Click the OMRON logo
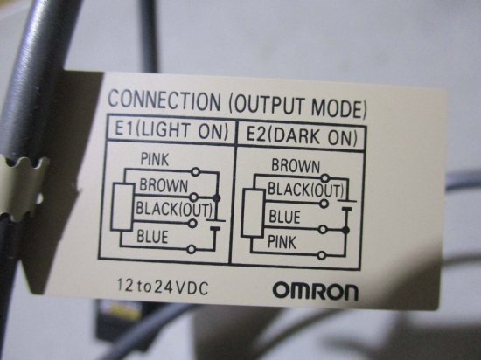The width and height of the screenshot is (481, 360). point(316,291)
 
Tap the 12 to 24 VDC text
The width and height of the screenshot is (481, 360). point(163,287)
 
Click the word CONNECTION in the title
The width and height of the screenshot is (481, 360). point(164,100)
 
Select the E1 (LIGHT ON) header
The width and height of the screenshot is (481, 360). point(171,131)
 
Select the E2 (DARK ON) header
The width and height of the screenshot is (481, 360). point(303,136)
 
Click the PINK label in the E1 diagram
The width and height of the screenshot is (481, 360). point(155,159)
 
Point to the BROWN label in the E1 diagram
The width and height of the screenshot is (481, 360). point(164,185)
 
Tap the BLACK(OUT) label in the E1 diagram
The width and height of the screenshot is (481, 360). point(174,209)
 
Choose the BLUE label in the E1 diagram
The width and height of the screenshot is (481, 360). point(152,237)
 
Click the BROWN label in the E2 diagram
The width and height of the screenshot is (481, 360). point(296,166)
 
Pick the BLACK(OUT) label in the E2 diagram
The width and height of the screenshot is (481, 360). point(306,190)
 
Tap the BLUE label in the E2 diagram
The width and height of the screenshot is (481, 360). point(285,217)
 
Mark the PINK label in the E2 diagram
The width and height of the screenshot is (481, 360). point(282,242)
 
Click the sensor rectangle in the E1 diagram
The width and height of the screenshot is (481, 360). point(122,207)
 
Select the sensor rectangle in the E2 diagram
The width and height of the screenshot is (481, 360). point(253,213)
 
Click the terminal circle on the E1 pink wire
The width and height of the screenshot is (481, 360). point(195,171)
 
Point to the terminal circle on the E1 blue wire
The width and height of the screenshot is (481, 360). point(192,249)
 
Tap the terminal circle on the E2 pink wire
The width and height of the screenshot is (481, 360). point(322,255)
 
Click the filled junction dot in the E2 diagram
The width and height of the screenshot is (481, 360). point(345,230)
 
